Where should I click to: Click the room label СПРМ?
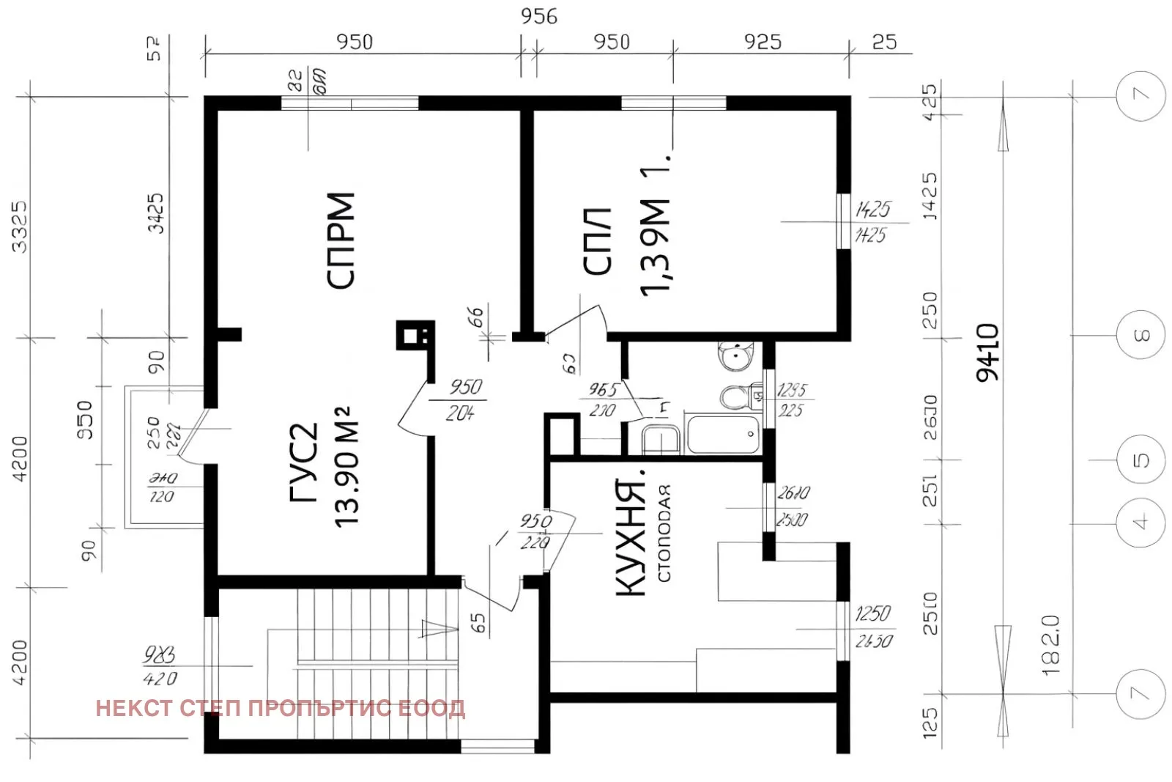341,240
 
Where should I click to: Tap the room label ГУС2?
305,462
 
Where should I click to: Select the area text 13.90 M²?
346,466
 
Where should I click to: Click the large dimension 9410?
987,352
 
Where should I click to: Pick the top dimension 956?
538,16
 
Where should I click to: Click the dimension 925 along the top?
763,42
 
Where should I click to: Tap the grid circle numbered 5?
1141,460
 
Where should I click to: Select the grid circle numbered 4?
1141,523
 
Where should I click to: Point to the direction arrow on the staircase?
439,629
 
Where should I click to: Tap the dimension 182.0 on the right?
1050,645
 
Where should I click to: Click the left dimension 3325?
19,226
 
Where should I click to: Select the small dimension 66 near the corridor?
476,317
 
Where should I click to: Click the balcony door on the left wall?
192,437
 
